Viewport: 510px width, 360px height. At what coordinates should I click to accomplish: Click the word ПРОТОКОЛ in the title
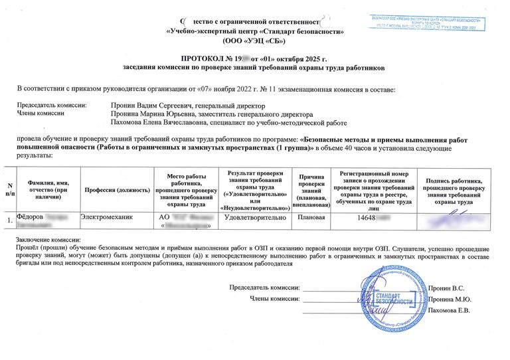202,60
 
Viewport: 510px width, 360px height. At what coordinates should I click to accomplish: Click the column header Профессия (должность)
116,190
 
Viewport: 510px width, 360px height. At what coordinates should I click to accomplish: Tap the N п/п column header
9,189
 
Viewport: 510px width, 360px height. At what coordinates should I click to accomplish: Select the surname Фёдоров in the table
30,217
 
